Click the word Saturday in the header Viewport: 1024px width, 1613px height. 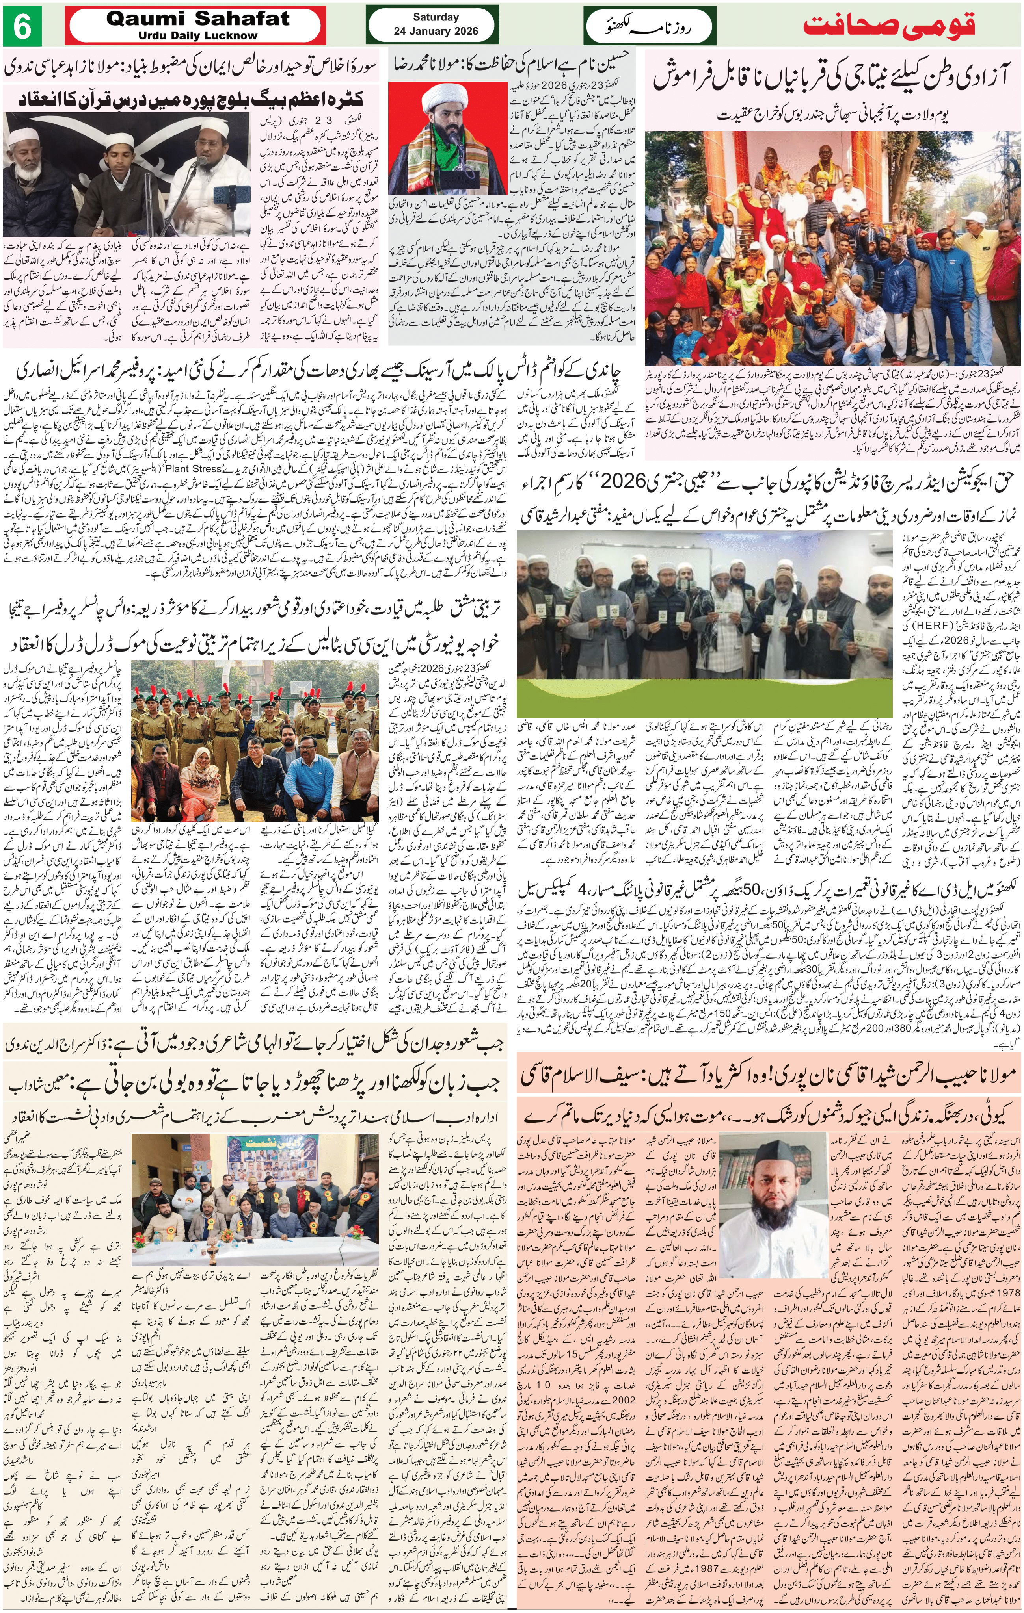click(436, 17)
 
